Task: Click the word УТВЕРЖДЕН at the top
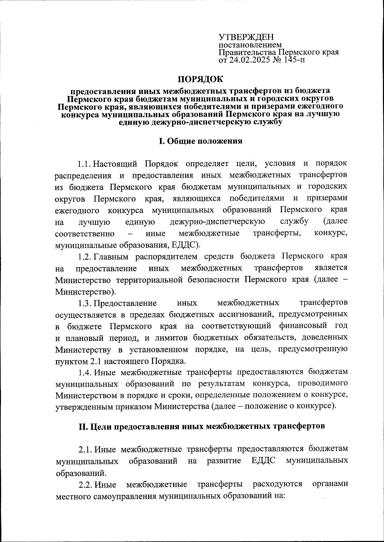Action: pos(246,37)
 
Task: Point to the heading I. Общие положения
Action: pos(201,141)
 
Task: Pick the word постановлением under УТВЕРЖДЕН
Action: pos(250,45)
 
